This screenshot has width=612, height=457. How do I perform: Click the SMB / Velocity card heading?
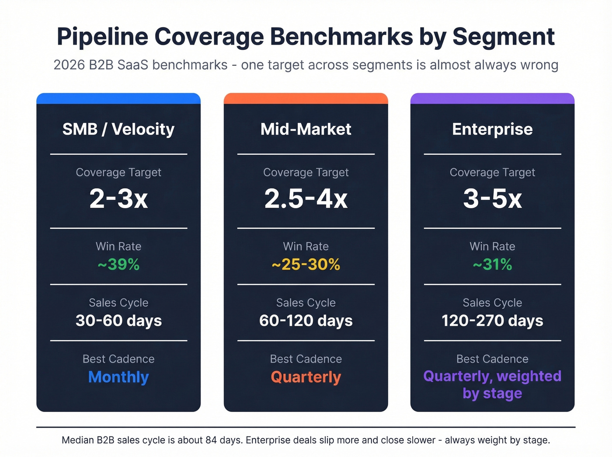[x=118, y=129]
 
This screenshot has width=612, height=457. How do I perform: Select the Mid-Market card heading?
[x=306, y=129]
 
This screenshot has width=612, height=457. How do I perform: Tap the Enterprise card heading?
[x=492, y=129]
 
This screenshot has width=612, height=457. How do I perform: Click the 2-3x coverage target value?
[x=118, y=199]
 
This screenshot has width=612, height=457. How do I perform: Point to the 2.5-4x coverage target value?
[x=306, y=199]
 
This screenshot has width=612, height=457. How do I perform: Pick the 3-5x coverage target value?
[x=492, y=199]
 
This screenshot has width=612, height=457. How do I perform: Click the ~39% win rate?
[x=118, y=265]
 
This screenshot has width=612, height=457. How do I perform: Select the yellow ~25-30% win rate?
[x=306, y=265]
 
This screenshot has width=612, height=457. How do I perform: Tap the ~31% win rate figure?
[x=492, y=265]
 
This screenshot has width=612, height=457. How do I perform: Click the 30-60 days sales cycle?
[x=118, y=321]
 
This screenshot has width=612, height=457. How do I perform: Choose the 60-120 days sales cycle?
[x=306, y=321]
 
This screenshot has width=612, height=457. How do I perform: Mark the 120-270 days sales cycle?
[x=492, y=321]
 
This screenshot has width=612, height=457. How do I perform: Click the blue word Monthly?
[x=118, y=377]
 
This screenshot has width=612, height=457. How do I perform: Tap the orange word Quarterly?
[x=306, y=377]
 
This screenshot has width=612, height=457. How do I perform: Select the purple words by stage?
[x=492, y=394]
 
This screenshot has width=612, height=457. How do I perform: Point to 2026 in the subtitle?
[x=69, y=65]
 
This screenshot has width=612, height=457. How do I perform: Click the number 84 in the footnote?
[x=211, y=440]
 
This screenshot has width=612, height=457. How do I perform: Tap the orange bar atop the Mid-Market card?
[x=306, y=98]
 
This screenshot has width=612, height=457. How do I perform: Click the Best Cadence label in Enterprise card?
[x=492, y=359]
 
